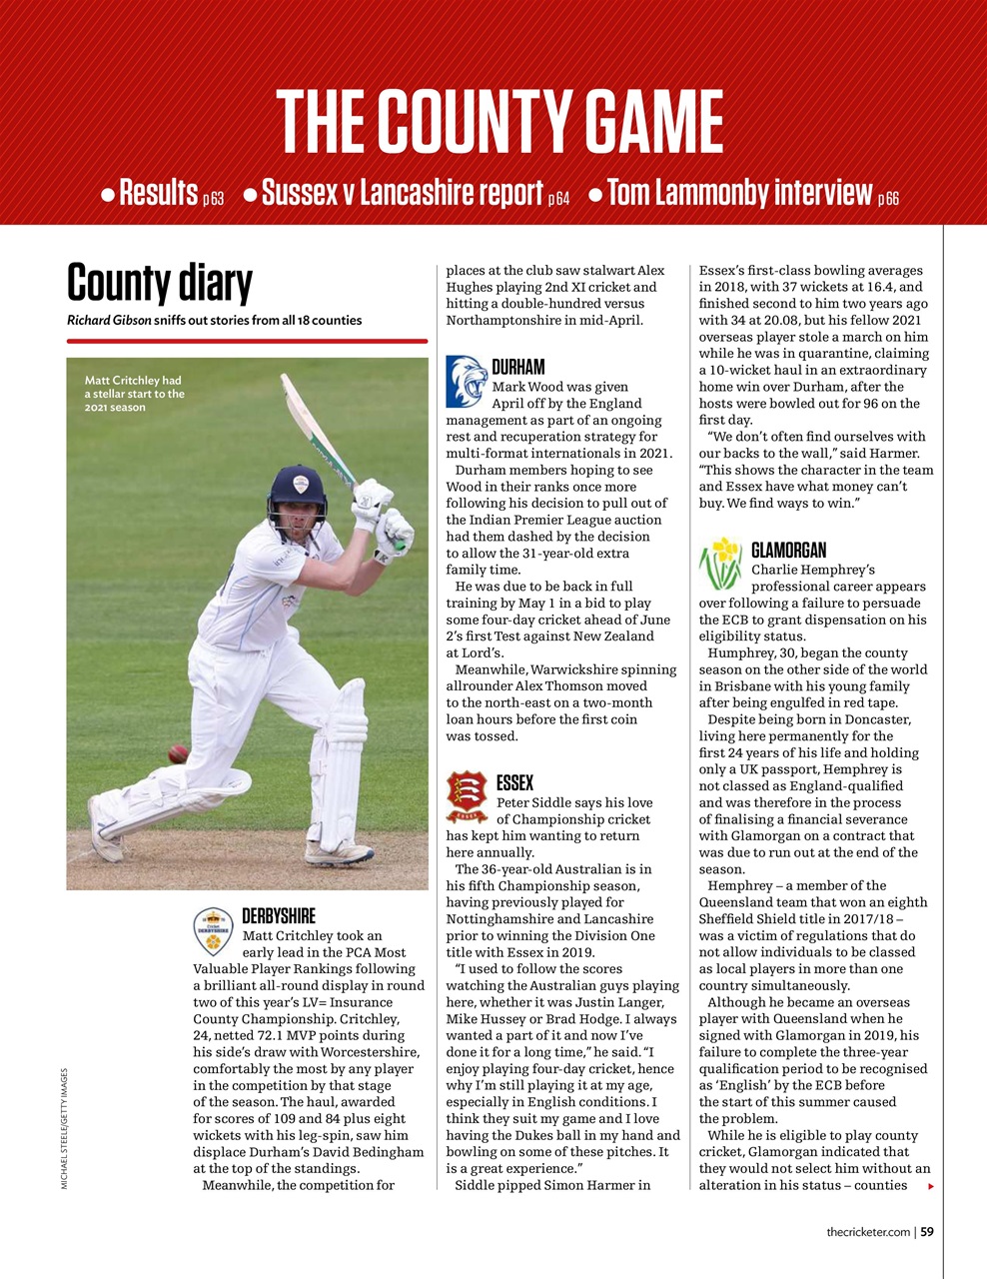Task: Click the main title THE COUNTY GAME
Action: [498, 121]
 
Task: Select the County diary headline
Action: [159, 283]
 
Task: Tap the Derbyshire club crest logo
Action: [213, 931]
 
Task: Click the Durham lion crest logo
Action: [466, 382]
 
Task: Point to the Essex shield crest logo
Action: [467, 796]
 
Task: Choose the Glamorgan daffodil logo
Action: [720, 564]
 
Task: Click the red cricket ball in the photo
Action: [178, 753]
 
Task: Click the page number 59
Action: [927, 1232]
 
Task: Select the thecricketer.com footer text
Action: [867, 1232]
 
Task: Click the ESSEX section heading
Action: [514, 782]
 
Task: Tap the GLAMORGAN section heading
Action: [788, 550]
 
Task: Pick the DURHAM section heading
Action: [517, 367]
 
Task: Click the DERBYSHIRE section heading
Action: [279, 915]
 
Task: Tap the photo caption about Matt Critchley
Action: [134, 394]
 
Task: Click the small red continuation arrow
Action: [930, 1186]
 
